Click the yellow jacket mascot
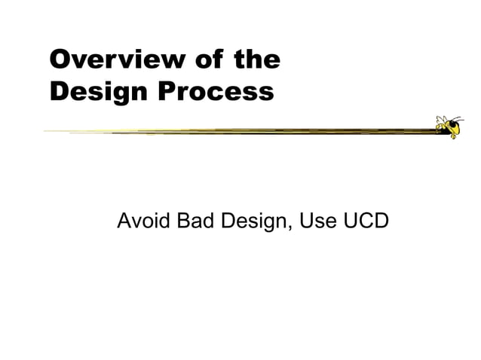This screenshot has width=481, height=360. [449, 127]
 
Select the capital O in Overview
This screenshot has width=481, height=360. [60, 59]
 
